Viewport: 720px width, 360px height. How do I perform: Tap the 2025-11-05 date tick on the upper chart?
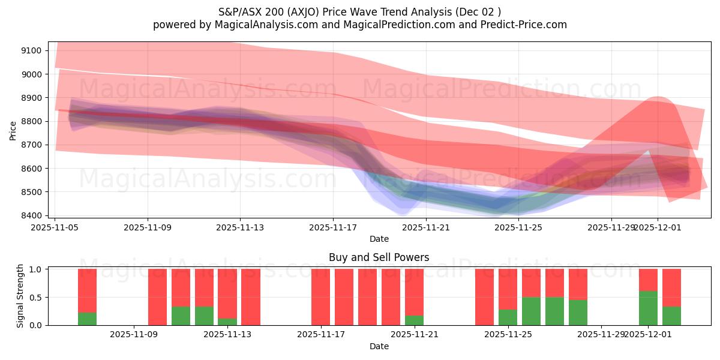[x=55, y=227]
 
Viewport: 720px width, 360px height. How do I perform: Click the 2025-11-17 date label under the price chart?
[x=333, y=227]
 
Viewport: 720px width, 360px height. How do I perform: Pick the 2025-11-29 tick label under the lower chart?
[x=601, y=334]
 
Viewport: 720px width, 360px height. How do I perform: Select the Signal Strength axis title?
[x=20, y=296]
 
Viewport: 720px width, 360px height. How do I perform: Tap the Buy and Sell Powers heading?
[x=379, y=257]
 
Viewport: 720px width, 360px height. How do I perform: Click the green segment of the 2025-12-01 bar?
[x=648, y=308]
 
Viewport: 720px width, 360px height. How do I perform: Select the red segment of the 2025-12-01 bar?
[x=648, y=280]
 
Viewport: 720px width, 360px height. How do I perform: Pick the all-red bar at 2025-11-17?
[x=321, y=297]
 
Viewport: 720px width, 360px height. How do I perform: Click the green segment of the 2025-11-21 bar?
[x=414, y=320]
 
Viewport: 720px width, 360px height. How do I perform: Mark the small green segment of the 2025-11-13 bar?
[x=227, y=322]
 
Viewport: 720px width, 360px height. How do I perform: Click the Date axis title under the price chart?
[x=379, y=239]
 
